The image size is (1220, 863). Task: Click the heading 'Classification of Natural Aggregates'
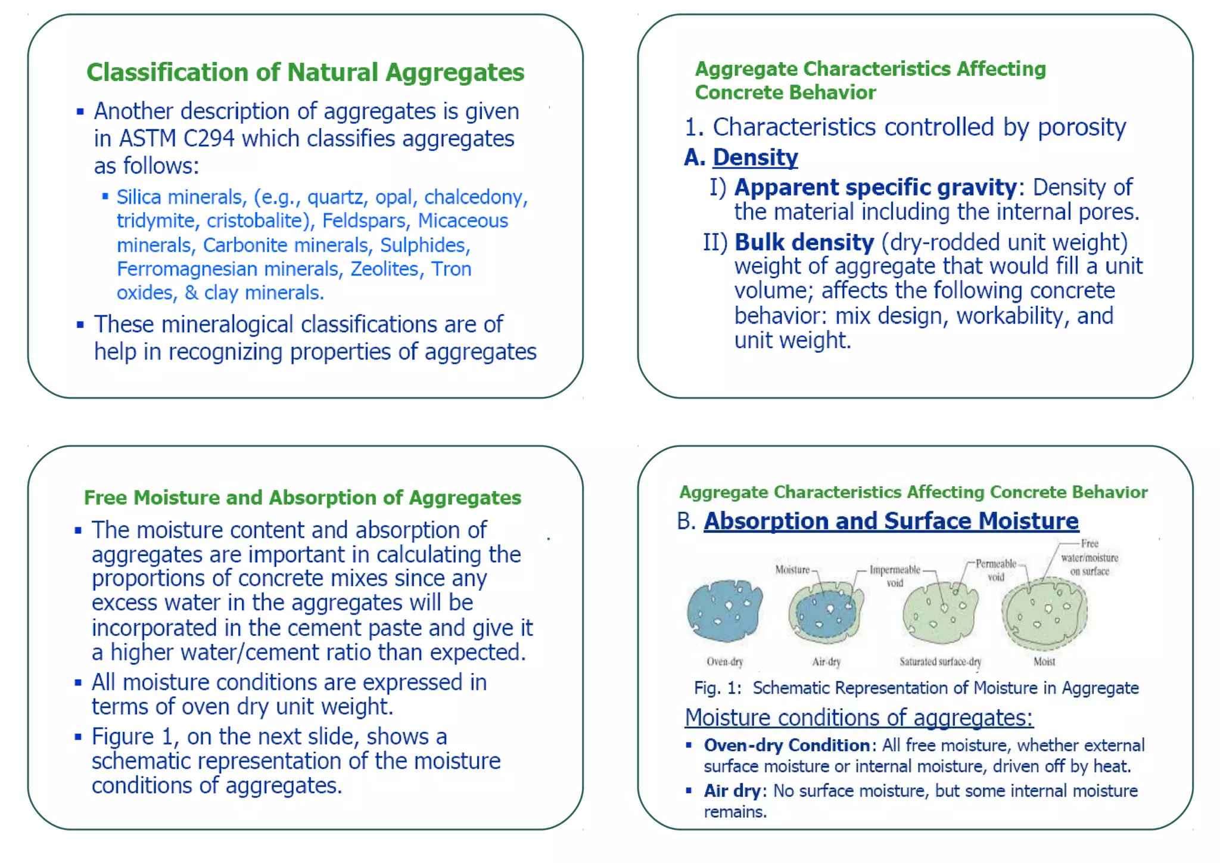point(305,73)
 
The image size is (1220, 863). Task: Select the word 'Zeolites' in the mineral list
point(384,269)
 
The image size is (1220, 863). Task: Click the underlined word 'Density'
point(755,157)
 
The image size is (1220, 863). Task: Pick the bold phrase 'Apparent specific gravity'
point(876,187)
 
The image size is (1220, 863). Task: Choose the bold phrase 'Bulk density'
point(804,243)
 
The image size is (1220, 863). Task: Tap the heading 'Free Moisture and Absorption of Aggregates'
point(303,498)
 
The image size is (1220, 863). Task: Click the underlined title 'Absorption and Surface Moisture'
point(891,521)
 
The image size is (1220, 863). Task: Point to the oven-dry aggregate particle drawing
point(724,611)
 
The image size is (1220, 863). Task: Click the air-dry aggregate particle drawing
point(826,611)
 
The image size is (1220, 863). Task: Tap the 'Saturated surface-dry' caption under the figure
point(940,662)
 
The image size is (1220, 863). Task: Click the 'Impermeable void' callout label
point(895,576)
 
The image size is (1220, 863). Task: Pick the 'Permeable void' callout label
point(995,570)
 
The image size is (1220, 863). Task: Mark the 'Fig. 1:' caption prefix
point(717,688)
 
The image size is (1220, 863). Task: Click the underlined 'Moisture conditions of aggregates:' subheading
point(858,718)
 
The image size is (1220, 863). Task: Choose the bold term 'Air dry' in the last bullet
point(732,791)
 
